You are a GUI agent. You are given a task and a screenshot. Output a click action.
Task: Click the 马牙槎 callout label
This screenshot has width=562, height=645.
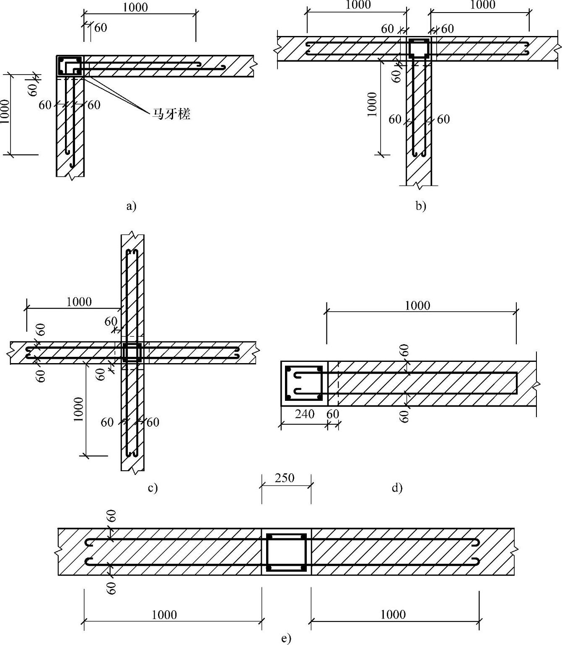pos(171,114)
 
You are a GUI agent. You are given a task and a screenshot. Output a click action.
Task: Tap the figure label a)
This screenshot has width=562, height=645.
pos(131,206)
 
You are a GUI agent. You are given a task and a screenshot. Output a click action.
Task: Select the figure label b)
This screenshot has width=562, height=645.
pos(420,206)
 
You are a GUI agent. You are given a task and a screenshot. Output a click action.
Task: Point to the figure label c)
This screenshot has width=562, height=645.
pos(153,488)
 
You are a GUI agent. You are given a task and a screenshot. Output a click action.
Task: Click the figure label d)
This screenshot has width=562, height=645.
pos(397,488)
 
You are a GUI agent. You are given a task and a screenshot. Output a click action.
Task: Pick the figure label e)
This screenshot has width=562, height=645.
pos(286,638)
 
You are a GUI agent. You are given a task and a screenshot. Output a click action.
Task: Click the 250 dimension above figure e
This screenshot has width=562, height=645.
pos(285,478)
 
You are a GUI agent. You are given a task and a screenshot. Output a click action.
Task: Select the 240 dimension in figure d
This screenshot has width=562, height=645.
pos(304,414)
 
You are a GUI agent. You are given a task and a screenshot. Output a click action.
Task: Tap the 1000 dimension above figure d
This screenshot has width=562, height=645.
pos(417,305)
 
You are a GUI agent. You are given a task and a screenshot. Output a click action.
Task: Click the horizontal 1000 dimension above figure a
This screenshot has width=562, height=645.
pos(135,7)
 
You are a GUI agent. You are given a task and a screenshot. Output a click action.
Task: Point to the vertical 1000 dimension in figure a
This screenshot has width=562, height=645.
pos(5,112)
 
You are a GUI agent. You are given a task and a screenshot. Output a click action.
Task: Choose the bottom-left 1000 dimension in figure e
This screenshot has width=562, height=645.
pos(164,615)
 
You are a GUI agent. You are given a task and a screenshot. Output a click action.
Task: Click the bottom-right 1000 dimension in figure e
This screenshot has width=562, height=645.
pos(393,614)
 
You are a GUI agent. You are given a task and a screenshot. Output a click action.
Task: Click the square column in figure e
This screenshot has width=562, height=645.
pos(287,552)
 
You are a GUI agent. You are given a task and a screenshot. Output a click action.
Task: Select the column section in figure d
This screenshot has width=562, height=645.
pos(303,383)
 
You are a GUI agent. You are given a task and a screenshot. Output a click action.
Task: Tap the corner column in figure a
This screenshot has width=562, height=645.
pos(70,66)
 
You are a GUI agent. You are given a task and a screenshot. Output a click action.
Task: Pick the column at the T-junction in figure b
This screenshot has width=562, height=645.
pos(419,48)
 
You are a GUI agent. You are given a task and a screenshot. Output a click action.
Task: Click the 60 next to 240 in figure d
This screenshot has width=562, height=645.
pos(333,414)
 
